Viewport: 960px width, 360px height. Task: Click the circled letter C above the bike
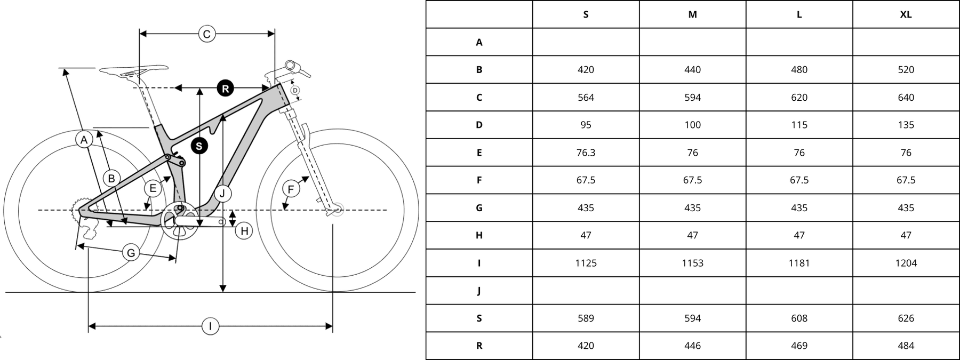click(206, 35)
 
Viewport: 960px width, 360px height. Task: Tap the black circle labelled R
click(225, 89)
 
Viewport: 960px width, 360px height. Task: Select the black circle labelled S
click(199, 146)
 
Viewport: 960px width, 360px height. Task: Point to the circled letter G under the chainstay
click(131, 253)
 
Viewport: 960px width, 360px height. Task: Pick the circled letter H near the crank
click(244, 231)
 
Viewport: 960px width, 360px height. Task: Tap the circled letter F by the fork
click(291, 189)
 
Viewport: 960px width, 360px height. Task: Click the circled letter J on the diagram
click(222, 193)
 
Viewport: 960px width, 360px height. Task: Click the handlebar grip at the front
click(291, 66)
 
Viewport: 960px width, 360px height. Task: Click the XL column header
click(906, 14)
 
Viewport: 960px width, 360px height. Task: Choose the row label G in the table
click(479, 208)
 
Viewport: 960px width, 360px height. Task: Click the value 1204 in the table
click(906, 263)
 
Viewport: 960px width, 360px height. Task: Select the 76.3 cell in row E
click(586, 153)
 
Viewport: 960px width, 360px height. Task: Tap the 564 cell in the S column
click(586, 98)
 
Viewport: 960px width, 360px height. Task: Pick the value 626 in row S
click(906, 318)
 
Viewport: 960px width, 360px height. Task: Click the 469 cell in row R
click(799, 346)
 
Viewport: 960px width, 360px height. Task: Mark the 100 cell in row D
click(692, 125)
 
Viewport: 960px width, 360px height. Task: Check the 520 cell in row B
click(906, 70)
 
